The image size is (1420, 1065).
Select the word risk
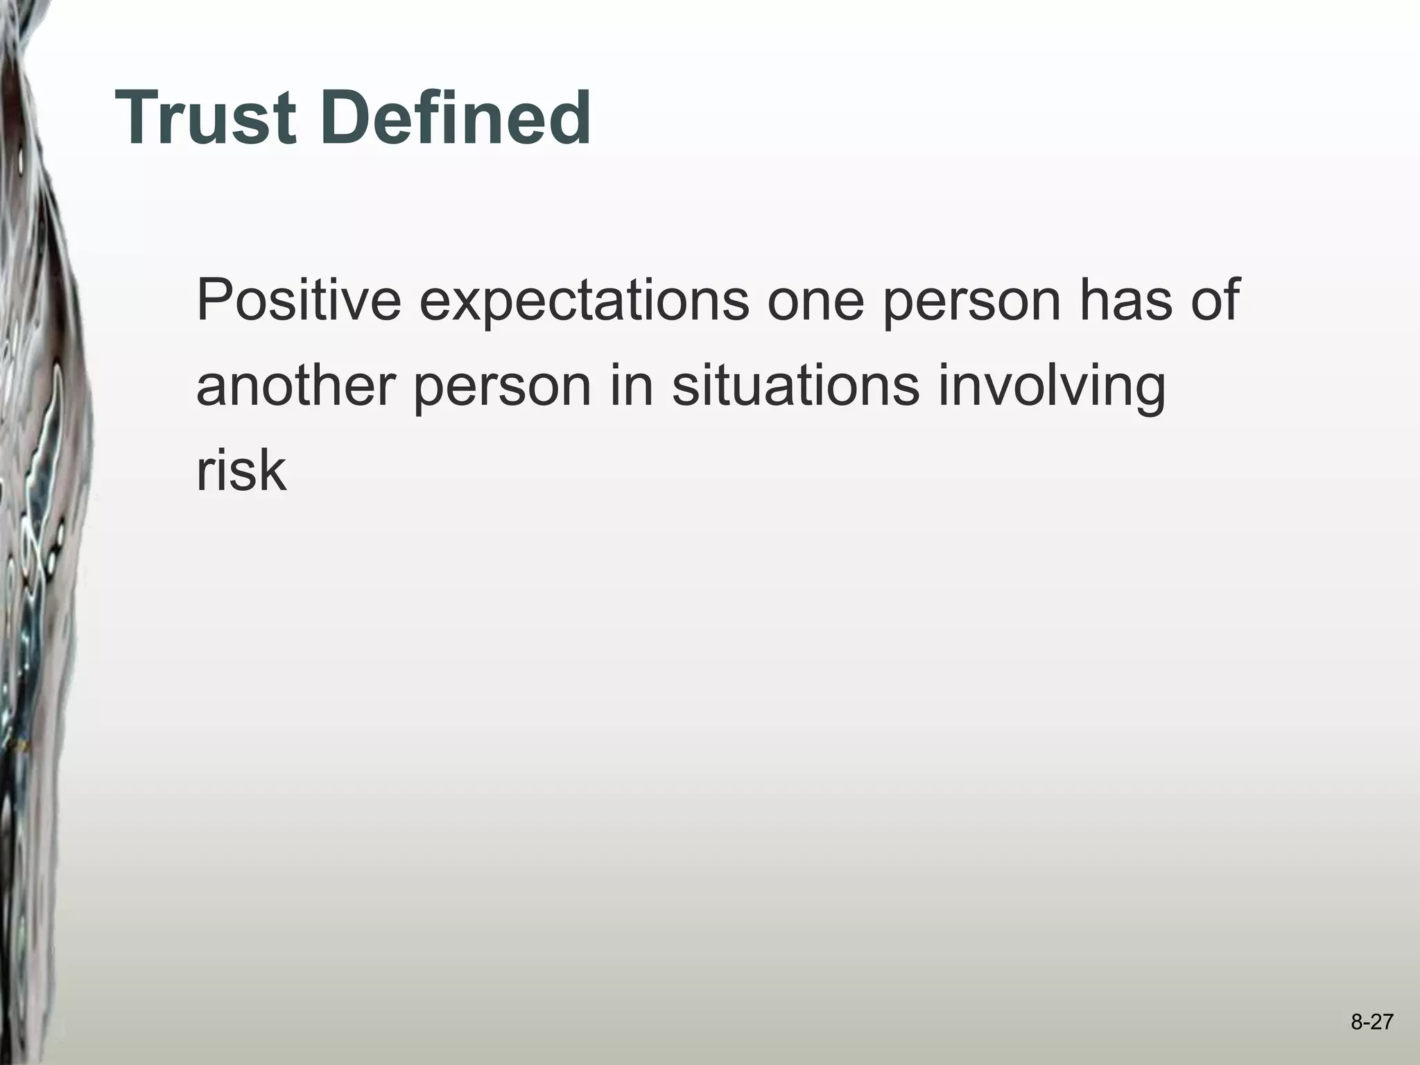pos(241,471)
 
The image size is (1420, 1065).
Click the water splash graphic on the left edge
pos(35,485)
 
